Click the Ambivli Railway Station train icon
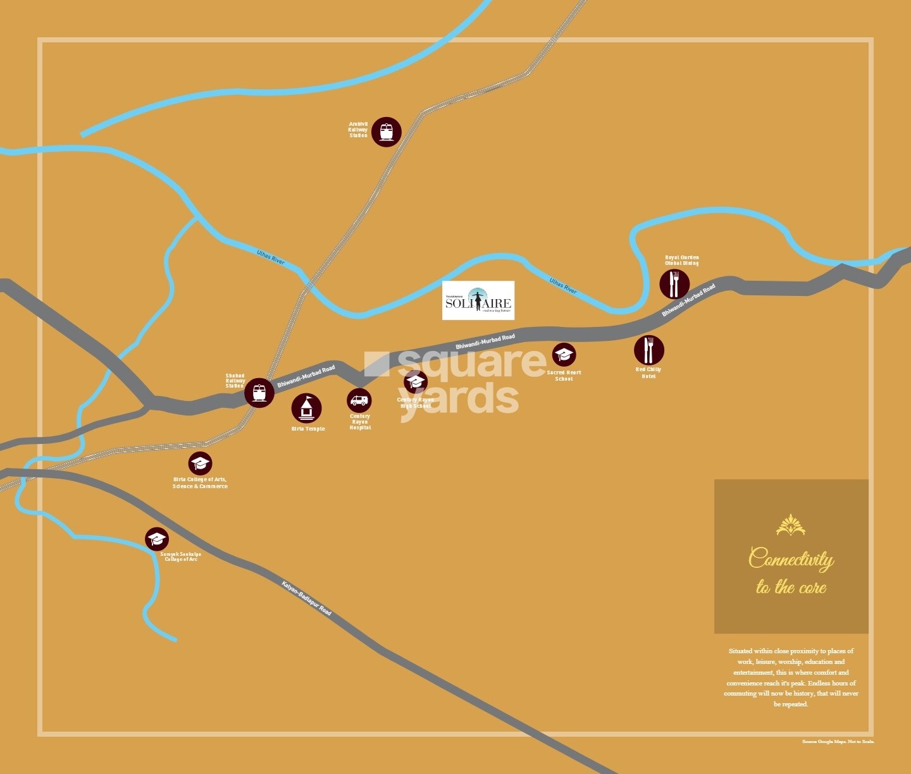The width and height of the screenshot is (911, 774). [386, 132]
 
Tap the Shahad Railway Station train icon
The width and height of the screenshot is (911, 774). [259, 393]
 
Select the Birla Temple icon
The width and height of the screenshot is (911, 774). [306, 408]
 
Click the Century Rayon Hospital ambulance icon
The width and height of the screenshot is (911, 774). [359, 400]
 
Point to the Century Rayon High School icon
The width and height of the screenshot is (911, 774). [416, 381]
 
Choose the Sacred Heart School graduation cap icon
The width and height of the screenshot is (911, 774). [564, 355]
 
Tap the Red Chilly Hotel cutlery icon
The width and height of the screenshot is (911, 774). [648, 350]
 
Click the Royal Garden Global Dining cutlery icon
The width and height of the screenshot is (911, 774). [674, 284]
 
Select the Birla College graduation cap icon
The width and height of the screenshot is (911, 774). [200, 464]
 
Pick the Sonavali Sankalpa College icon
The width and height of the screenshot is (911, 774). [156, 539]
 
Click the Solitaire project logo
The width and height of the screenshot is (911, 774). [478, 300]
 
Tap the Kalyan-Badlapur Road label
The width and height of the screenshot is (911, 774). [306, 598]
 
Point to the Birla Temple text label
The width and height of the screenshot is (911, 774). [308, 429]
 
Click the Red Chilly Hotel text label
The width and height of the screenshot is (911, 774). [648, 373]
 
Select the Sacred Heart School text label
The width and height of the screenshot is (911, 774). [564, 376]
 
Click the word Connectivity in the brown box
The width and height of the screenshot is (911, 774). [791, 559]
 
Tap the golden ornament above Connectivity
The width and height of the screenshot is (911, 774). [791, 525]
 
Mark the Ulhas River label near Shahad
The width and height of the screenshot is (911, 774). [271, 257]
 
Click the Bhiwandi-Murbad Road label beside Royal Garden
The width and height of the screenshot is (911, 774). [688, 300]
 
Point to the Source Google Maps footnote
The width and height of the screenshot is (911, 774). [838, 742]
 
